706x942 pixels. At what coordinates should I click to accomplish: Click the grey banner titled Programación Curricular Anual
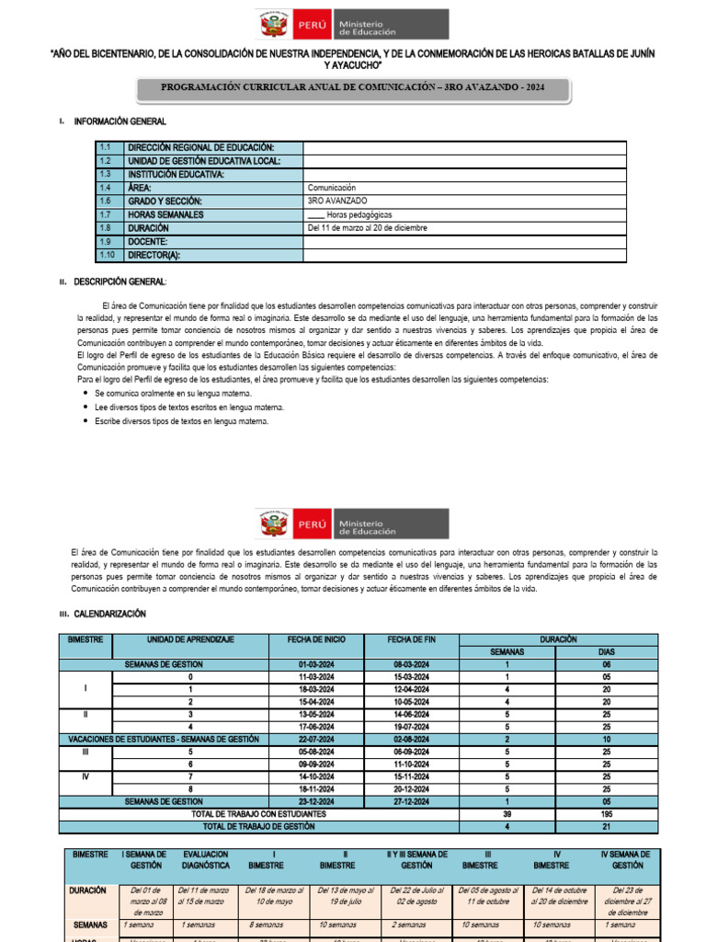tap(353, 88)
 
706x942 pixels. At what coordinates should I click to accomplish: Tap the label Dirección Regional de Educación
tap(201, 147)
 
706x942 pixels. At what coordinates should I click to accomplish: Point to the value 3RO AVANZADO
tap(337, 201)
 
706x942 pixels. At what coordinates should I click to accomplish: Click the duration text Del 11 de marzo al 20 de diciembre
tap(368, 228)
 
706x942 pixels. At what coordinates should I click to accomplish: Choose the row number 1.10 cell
tap(108, 256)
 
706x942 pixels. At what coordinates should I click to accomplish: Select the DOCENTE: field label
tap(148, 242)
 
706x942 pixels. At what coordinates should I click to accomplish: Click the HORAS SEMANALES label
tap(168, 214)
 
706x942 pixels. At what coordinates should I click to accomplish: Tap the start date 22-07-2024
tap(315, 739)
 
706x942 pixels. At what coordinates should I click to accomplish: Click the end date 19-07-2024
tap(411, 726)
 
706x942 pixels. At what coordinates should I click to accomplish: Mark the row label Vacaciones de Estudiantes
tap(164, 739)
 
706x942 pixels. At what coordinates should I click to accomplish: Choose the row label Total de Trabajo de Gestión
tap(258, 827)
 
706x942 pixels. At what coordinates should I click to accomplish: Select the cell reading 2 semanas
tap(411, 925)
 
